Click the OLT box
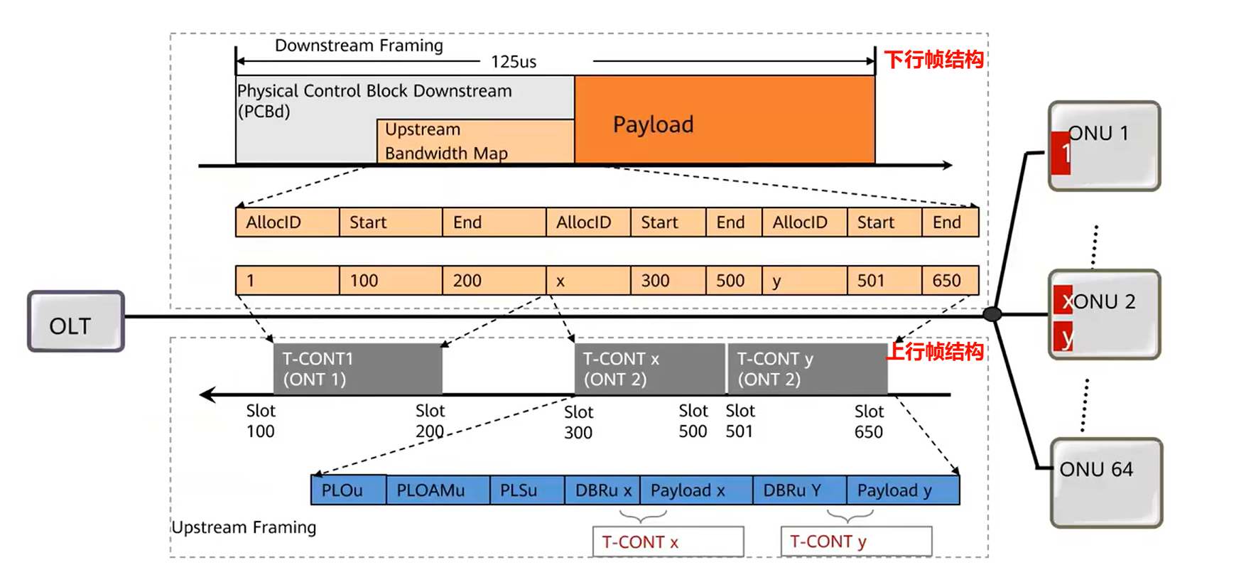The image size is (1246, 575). point(76,321)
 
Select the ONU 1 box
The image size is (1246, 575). point(1105,146)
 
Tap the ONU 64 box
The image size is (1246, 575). point(1106,483)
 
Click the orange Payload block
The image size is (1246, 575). point(725,120)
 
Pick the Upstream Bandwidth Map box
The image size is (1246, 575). point(475,141)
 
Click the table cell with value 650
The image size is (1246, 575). point(950,281)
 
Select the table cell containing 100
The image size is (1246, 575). point(390,281)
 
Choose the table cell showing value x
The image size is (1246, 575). point(587,281)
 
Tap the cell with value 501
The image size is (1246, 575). point(884,281)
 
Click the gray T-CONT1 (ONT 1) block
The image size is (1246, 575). point(357,369)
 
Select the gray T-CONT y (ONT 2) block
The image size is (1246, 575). point(808,369)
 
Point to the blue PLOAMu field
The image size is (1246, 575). point(438,490)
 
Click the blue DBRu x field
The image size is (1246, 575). point(602,490)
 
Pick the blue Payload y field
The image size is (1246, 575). point(902,490)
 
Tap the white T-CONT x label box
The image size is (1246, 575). point(668,542)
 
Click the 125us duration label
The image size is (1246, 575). point(514,62)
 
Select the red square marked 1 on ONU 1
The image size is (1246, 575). point(1061,153)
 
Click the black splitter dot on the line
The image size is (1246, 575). point(992,314)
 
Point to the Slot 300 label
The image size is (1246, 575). point(578,422)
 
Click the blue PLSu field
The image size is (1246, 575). point(526,490)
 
